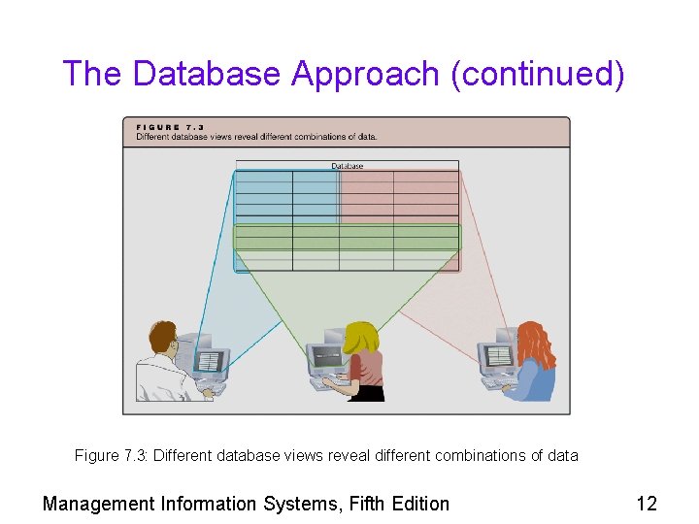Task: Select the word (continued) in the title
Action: [x=538, y=74]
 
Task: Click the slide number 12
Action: [x=646, y=503]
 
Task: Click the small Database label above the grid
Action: [x=347, y=166]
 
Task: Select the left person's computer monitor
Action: [x=209, y=361]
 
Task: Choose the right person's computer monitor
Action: [x=497, y=357]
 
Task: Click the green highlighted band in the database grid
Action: [x=347, y=237]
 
